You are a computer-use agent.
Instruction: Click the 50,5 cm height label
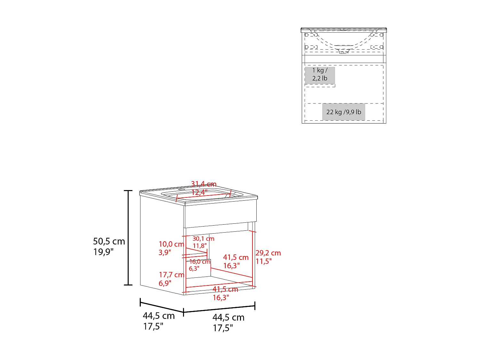pyautogui.click(x=109, y=241)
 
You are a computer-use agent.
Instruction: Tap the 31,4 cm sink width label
pyautogui.click(x=204, y=184)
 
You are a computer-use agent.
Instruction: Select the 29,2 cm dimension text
pyautogui.click(x=268, y=253)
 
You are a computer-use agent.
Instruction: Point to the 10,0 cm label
pyautogui.click(x=172, y=244)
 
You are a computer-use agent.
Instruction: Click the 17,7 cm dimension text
pyautogui.click(x=172, y=275)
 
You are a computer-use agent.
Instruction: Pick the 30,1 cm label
pyautogui.click(x=204, y=238)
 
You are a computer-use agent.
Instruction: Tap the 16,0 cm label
pyautogui.click(x=200, y=261)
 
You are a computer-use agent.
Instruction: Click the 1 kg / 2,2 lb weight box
pyautogui.click(x=320, y=76)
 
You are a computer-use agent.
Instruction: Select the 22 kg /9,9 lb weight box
pyautogui.click(x=344, y=112)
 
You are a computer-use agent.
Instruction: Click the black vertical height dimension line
pyautogui.click(x=128, y=238)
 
